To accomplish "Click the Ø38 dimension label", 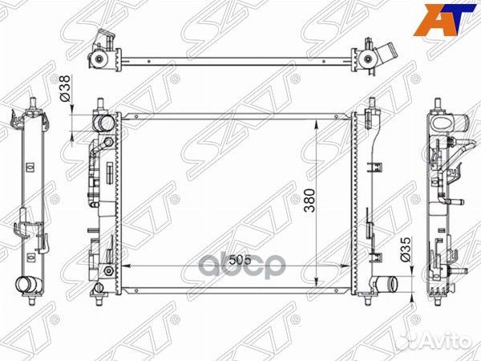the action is click(x=66, y=88).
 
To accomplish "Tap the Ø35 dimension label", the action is click(x=406, y=249).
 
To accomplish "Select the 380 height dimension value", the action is click(x=309, y=201).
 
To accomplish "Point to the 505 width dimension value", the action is click(x=240, y=260).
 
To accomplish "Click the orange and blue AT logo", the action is click(x=447, y=19).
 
